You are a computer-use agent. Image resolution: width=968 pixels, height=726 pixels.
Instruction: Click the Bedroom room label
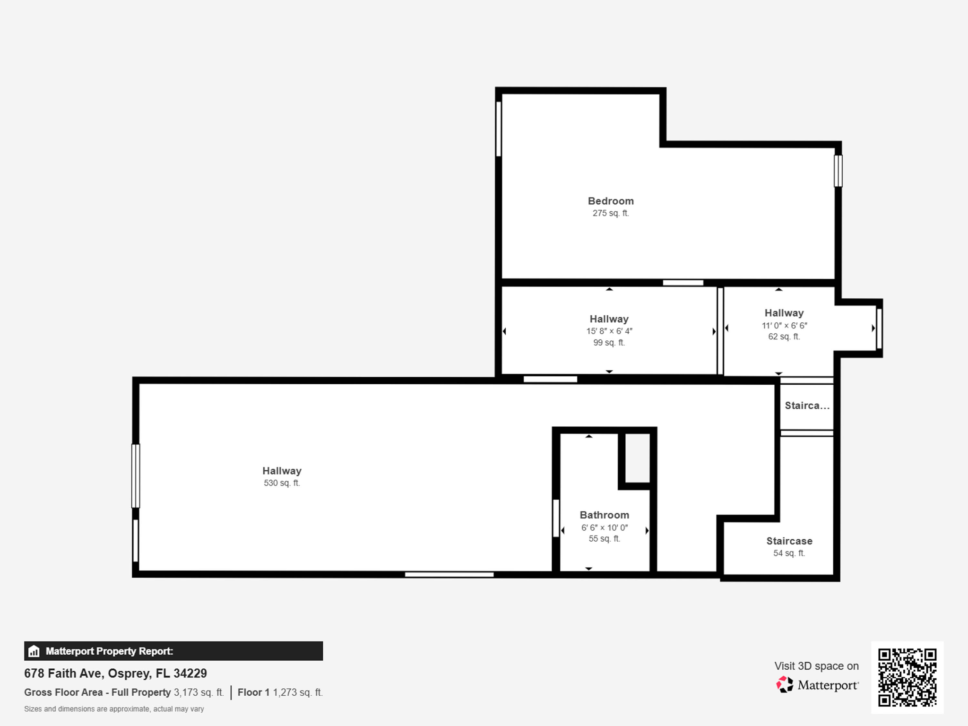(611, 201)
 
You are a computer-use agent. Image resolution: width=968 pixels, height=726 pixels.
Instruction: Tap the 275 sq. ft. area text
(611, 213)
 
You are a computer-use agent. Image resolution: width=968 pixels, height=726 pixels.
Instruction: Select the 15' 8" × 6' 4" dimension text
(609, 331)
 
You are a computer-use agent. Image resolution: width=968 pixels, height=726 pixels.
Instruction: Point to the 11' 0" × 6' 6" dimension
(784, 325)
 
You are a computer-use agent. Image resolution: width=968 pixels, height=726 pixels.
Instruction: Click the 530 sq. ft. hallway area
(282, 483)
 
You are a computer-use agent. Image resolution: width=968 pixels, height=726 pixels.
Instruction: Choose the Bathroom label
(604, 515)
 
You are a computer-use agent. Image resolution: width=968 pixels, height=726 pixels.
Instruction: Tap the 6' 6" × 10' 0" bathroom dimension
(604, 527)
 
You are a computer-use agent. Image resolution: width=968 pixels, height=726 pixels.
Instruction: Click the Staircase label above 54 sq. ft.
(789, 541)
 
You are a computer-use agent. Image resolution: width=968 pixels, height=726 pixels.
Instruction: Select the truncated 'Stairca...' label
(807, 406)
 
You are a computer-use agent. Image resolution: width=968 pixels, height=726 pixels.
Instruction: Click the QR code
(907, 677)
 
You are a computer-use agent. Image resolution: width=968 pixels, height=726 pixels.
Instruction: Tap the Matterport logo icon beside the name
(785, 684)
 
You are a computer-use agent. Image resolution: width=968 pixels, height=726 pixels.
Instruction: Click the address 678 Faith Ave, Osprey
(116, 673)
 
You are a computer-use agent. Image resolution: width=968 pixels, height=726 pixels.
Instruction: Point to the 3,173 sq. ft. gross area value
(199, 692)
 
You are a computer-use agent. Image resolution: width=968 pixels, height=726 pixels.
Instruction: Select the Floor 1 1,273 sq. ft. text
(280, 692)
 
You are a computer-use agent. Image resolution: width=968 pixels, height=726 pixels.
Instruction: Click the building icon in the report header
(34, 651)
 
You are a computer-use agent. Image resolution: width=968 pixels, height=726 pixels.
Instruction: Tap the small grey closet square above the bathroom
(637, 458)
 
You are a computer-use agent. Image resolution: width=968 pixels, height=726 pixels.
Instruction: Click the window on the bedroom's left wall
(499, 129)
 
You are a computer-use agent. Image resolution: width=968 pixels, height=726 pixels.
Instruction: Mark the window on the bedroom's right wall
(838, 171)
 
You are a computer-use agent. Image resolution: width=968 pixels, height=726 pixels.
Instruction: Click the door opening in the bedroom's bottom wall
(683, 283)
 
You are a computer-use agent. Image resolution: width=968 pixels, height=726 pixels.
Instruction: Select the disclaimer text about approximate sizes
(114, 709)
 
